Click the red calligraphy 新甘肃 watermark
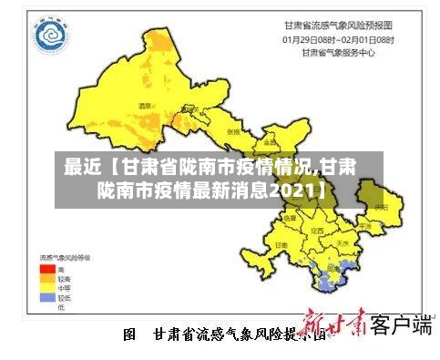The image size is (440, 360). coord(333,325)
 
